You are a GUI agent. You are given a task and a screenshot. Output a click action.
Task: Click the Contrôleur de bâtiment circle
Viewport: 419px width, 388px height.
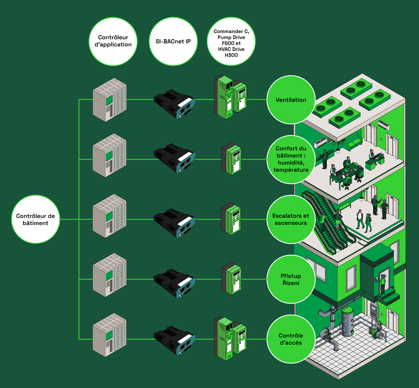(36, 219)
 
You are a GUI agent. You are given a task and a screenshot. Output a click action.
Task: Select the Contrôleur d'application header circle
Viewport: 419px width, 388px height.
(113, 41)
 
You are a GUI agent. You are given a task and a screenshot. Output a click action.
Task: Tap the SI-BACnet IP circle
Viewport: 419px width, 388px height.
(173, 41)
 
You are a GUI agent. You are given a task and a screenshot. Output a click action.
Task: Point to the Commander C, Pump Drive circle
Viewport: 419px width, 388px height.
(231, 41)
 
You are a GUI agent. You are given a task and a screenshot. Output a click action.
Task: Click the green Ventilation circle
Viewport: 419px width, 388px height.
(291, 100)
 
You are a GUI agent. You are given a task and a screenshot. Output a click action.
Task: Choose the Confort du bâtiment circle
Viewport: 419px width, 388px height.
(291, 159)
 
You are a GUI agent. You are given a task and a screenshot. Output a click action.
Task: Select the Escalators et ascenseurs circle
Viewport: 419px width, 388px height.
(291, 219)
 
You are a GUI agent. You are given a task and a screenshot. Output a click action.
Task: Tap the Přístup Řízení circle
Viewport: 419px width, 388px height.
(291, 279)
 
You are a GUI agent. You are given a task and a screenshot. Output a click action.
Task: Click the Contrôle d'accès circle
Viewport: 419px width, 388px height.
(291, 339)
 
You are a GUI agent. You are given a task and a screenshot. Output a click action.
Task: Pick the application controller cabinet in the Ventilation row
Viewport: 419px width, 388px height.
(109, 100)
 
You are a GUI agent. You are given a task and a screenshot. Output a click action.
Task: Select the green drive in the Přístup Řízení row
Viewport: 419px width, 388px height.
(231, 279)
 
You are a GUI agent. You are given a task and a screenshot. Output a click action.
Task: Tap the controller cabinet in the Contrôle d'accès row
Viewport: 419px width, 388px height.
(109, 335)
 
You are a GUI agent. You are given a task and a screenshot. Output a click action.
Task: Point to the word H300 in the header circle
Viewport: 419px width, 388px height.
(231, 55)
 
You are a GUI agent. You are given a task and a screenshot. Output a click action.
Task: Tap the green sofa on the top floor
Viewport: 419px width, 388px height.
(353, 141)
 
